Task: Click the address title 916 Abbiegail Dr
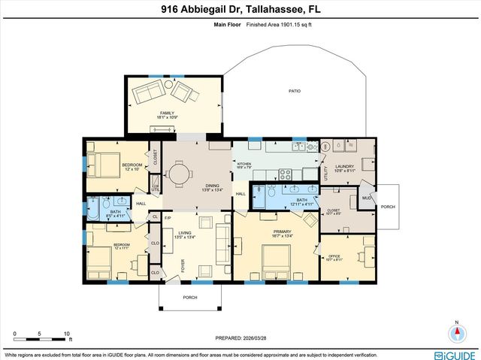240,10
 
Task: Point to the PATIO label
295,91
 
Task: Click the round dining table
180,174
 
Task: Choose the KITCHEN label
244,164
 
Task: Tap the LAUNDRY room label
345,168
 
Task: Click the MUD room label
366,199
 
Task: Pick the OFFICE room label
335,256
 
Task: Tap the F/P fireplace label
168,217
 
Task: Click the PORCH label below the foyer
190,297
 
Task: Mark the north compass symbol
456,333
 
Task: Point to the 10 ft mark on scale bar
67,333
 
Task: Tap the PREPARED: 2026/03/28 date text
240,337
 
